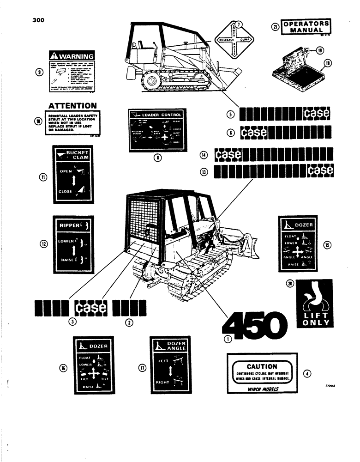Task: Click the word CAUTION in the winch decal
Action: [262, 366]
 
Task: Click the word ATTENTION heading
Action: [73, 106]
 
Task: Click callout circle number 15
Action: [327, 245]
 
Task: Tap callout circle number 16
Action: [63, 367]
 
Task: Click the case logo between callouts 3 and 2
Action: [91, 307]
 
